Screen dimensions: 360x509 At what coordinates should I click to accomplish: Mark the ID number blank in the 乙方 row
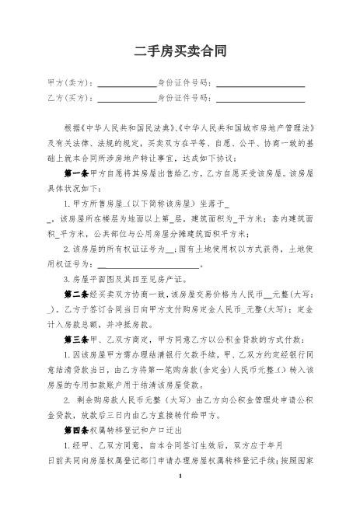pyautogui.click(x=260, y=100)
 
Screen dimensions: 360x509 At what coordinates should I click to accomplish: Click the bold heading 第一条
pyautogui.click(x=78, y=173)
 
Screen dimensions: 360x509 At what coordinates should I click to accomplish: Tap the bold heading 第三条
pyautogui.click(x=78, y=340)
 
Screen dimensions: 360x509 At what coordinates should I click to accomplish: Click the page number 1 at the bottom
pyautogui.click(x=180, y=497)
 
